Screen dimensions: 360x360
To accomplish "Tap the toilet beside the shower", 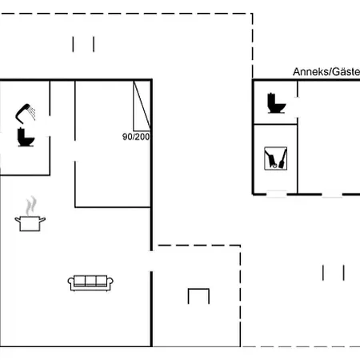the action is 26,138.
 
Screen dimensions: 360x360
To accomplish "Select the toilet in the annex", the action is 276,103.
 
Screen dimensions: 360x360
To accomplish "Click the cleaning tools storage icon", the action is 275,158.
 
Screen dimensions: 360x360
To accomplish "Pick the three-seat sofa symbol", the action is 90,283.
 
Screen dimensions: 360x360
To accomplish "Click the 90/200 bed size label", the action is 136,137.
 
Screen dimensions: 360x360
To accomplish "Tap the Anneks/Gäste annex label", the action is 326,72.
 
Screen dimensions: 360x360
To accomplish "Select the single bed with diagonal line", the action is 142,106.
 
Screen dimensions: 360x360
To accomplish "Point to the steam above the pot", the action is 31,206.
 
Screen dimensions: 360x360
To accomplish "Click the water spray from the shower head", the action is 33,113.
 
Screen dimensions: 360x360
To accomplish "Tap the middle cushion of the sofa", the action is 90,281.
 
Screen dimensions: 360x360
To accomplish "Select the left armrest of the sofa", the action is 71,282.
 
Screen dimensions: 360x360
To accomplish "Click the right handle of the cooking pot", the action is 42,220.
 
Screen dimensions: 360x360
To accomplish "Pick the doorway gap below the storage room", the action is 277,194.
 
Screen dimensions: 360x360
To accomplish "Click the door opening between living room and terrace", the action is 151,261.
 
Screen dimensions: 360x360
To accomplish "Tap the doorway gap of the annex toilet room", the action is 298,107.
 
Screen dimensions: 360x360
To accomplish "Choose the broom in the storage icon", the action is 282,159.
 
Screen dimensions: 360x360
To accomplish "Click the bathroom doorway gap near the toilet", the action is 50,126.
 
